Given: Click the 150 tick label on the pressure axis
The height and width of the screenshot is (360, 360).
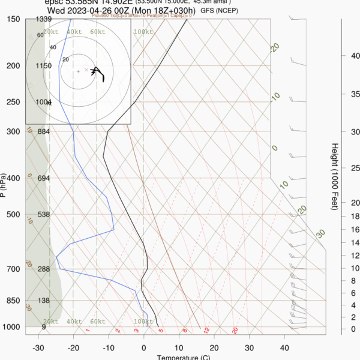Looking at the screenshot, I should click(13, 19).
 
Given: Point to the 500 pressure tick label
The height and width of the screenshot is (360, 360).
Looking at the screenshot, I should click(13, 214).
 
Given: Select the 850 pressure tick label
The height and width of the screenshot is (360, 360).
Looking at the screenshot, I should click(13, 301).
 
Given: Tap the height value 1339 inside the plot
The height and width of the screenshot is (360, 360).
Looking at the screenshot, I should click(43, 19).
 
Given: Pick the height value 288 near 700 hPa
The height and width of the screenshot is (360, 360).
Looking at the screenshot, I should click(43, 269).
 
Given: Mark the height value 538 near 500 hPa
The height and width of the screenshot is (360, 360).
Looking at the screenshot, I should click(43, 214).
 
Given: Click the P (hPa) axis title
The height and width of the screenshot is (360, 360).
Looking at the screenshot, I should click(4, 186).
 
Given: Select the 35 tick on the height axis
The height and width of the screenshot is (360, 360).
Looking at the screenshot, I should click(355, 94).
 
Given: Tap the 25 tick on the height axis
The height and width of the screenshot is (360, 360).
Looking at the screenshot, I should click(355, 167).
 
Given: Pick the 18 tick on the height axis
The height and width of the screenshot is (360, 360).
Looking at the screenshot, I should click(355, 217).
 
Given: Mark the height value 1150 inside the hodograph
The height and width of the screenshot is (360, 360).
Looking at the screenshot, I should click(43, 66).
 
